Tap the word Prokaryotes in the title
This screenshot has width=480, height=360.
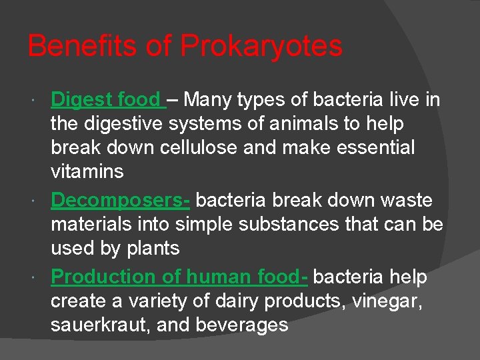point(261,47)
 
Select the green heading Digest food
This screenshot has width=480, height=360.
point(106,100)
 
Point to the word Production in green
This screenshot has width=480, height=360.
point(101,277)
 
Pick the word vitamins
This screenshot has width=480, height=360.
point(87,172)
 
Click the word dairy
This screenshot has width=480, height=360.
point(237,301)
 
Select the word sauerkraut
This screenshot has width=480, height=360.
point(101,325)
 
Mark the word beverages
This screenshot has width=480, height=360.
point(240,325)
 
